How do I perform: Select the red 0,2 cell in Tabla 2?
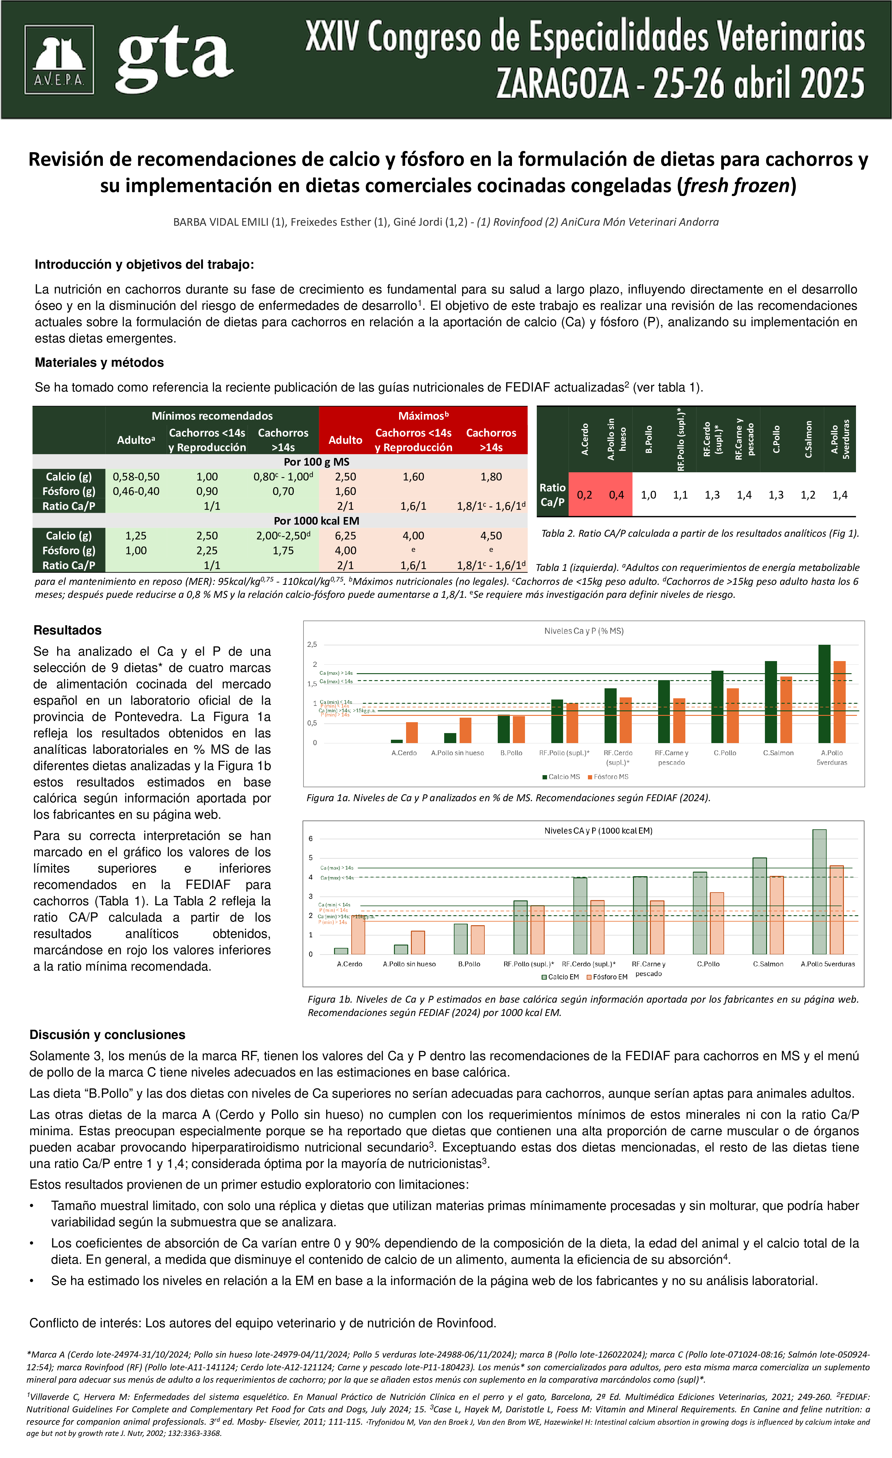[584, 495]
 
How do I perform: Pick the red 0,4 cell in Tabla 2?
[616, 495]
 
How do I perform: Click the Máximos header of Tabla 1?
[423, 415]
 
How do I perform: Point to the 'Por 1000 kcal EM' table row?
[316, 521]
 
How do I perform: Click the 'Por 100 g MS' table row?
[316, 461]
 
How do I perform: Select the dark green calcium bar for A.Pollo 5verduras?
[824, 693]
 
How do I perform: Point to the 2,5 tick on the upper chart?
[312, 644]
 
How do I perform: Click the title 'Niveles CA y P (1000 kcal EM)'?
[598, 831]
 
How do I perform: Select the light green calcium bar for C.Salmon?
[759, 906]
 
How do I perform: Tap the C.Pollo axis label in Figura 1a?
[724, 753]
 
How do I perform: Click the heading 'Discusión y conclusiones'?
[107, 1034]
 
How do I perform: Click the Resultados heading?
[67, 630]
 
